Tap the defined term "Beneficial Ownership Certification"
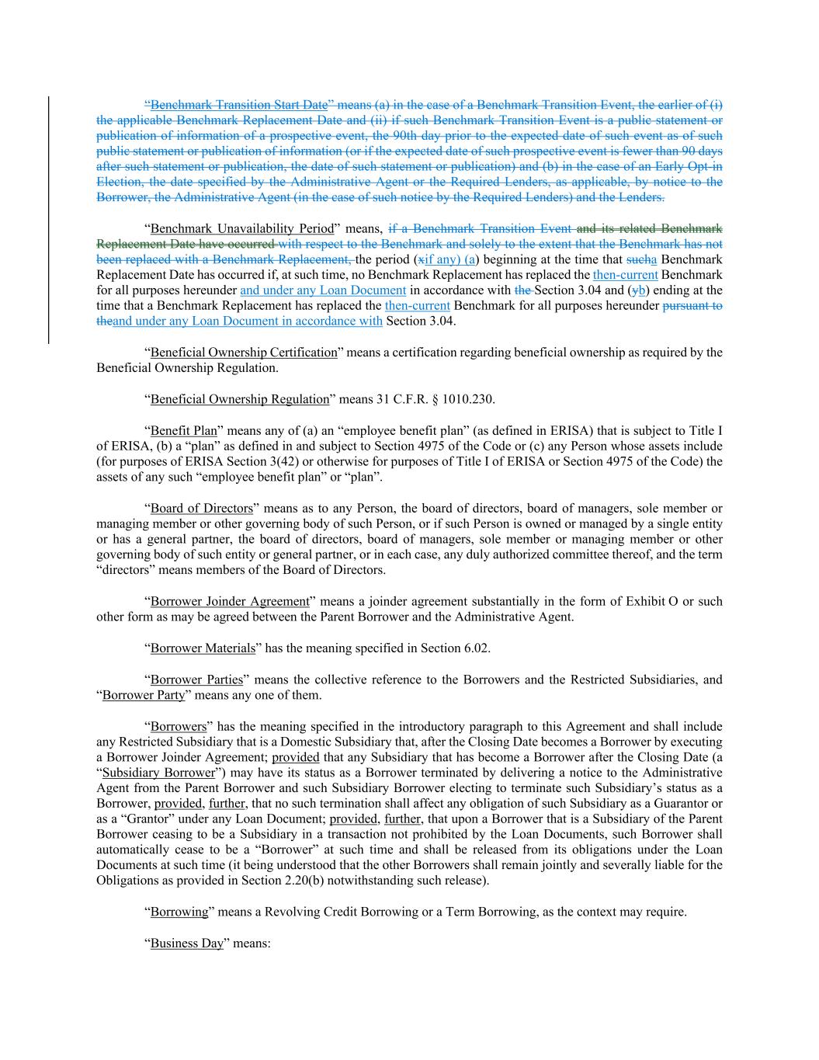[244, 353]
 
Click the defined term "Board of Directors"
[202, 509]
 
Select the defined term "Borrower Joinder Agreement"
[230, 601]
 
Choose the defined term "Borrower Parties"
[196, 679]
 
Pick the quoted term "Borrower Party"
[144, 695]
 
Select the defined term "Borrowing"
[179, 912]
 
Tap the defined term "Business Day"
[186, 944]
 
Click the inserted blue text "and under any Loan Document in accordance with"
[248, 321]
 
